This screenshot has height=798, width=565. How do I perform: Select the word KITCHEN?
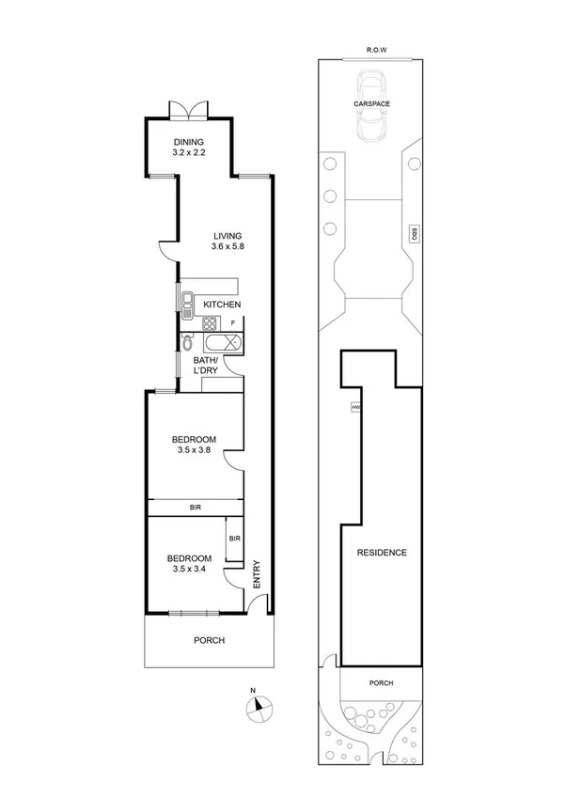[223, 305]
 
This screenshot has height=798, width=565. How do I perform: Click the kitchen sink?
[188, 302]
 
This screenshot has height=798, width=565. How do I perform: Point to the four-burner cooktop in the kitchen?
[210, 324]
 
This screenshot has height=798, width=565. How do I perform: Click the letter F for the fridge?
[233, 324]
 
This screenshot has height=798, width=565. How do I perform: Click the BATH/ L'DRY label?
[205, 366]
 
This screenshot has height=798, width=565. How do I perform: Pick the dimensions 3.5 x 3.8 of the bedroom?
[194, 451]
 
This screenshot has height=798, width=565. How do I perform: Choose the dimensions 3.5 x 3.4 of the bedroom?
[191, 569]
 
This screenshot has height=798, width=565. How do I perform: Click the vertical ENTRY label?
[256, 573]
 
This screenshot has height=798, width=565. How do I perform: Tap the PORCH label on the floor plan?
[209, 641]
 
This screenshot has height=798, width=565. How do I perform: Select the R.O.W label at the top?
[378, 51]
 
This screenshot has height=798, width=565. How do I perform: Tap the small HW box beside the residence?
[355, 407]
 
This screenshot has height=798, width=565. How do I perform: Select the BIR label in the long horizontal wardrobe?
[195, 508]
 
